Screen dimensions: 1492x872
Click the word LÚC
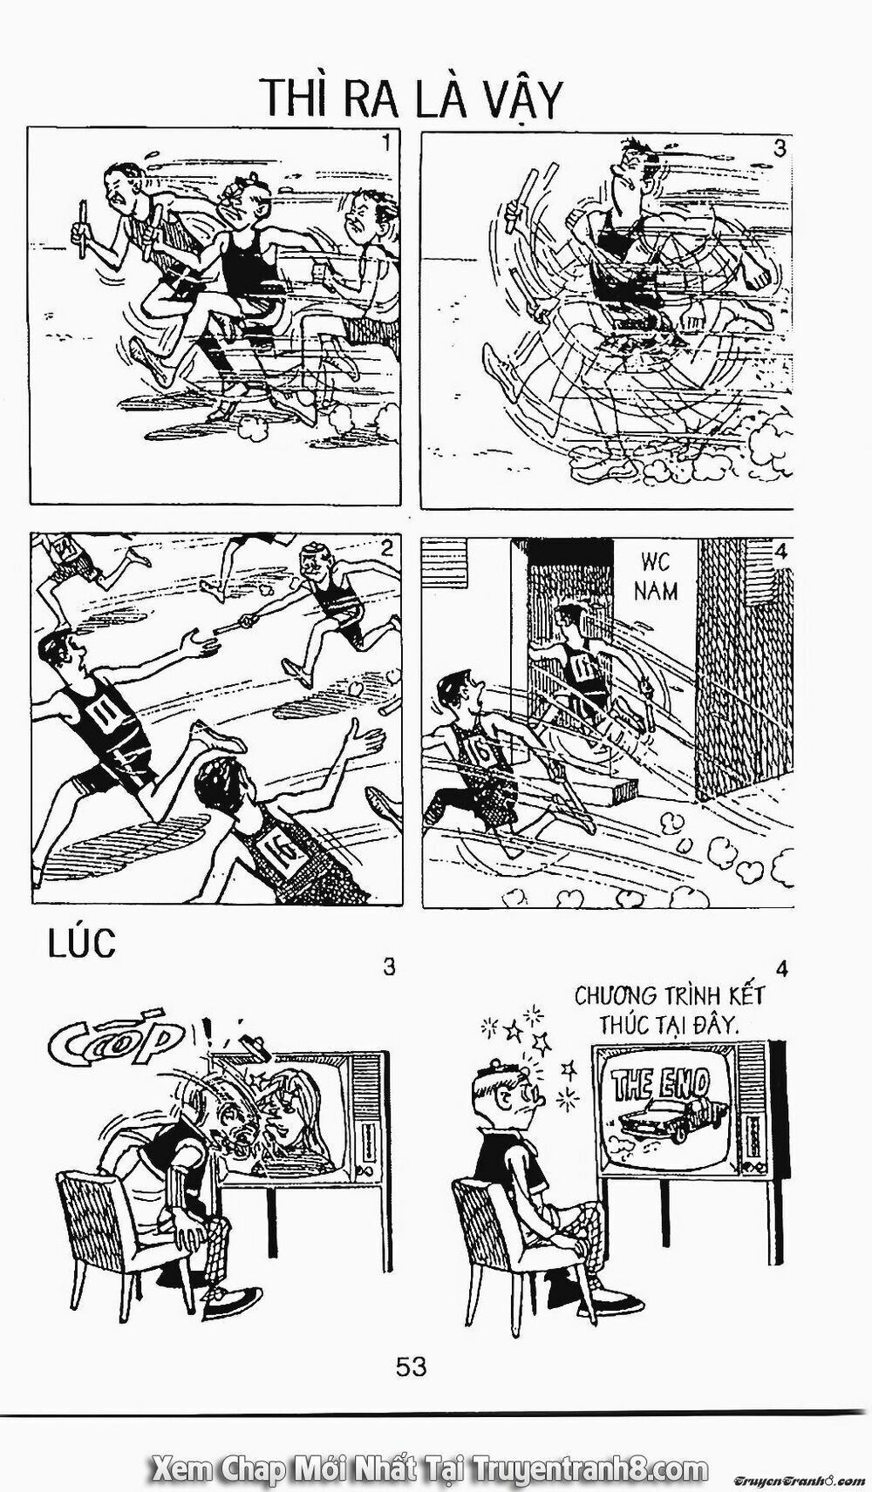[x=80, y=945]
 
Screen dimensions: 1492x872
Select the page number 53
[x=411, y=1366]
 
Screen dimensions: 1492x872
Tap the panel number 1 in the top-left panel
[x=385, y=143]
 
